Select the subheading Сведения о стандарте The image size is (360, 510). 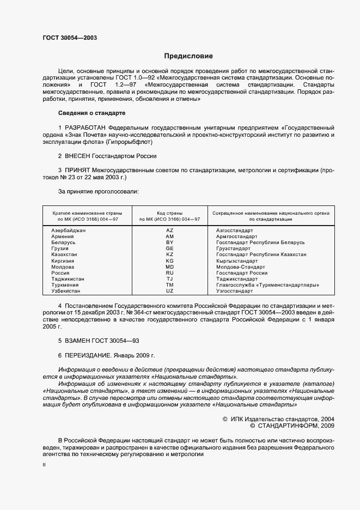pos(91,113)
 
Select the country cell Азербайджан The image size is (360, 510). pos(69,230)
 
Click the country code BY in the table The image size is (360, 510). pos(169,242)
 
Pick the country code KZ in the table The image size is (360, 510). pos(169,254)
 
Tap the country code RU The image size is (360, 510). pos(169,272)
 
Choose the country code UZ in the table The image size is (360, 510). pos(169,292)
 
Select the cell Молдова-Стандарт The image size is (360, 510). pos(241,267)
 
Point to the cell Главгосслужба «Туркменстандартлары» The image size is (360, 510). pos(267,285)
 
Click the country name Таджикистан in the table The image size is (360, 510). pos(68,279)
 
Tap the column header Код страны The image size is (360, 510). pos(169,212)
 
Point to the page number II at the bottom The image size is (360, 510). pos(44,465)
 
